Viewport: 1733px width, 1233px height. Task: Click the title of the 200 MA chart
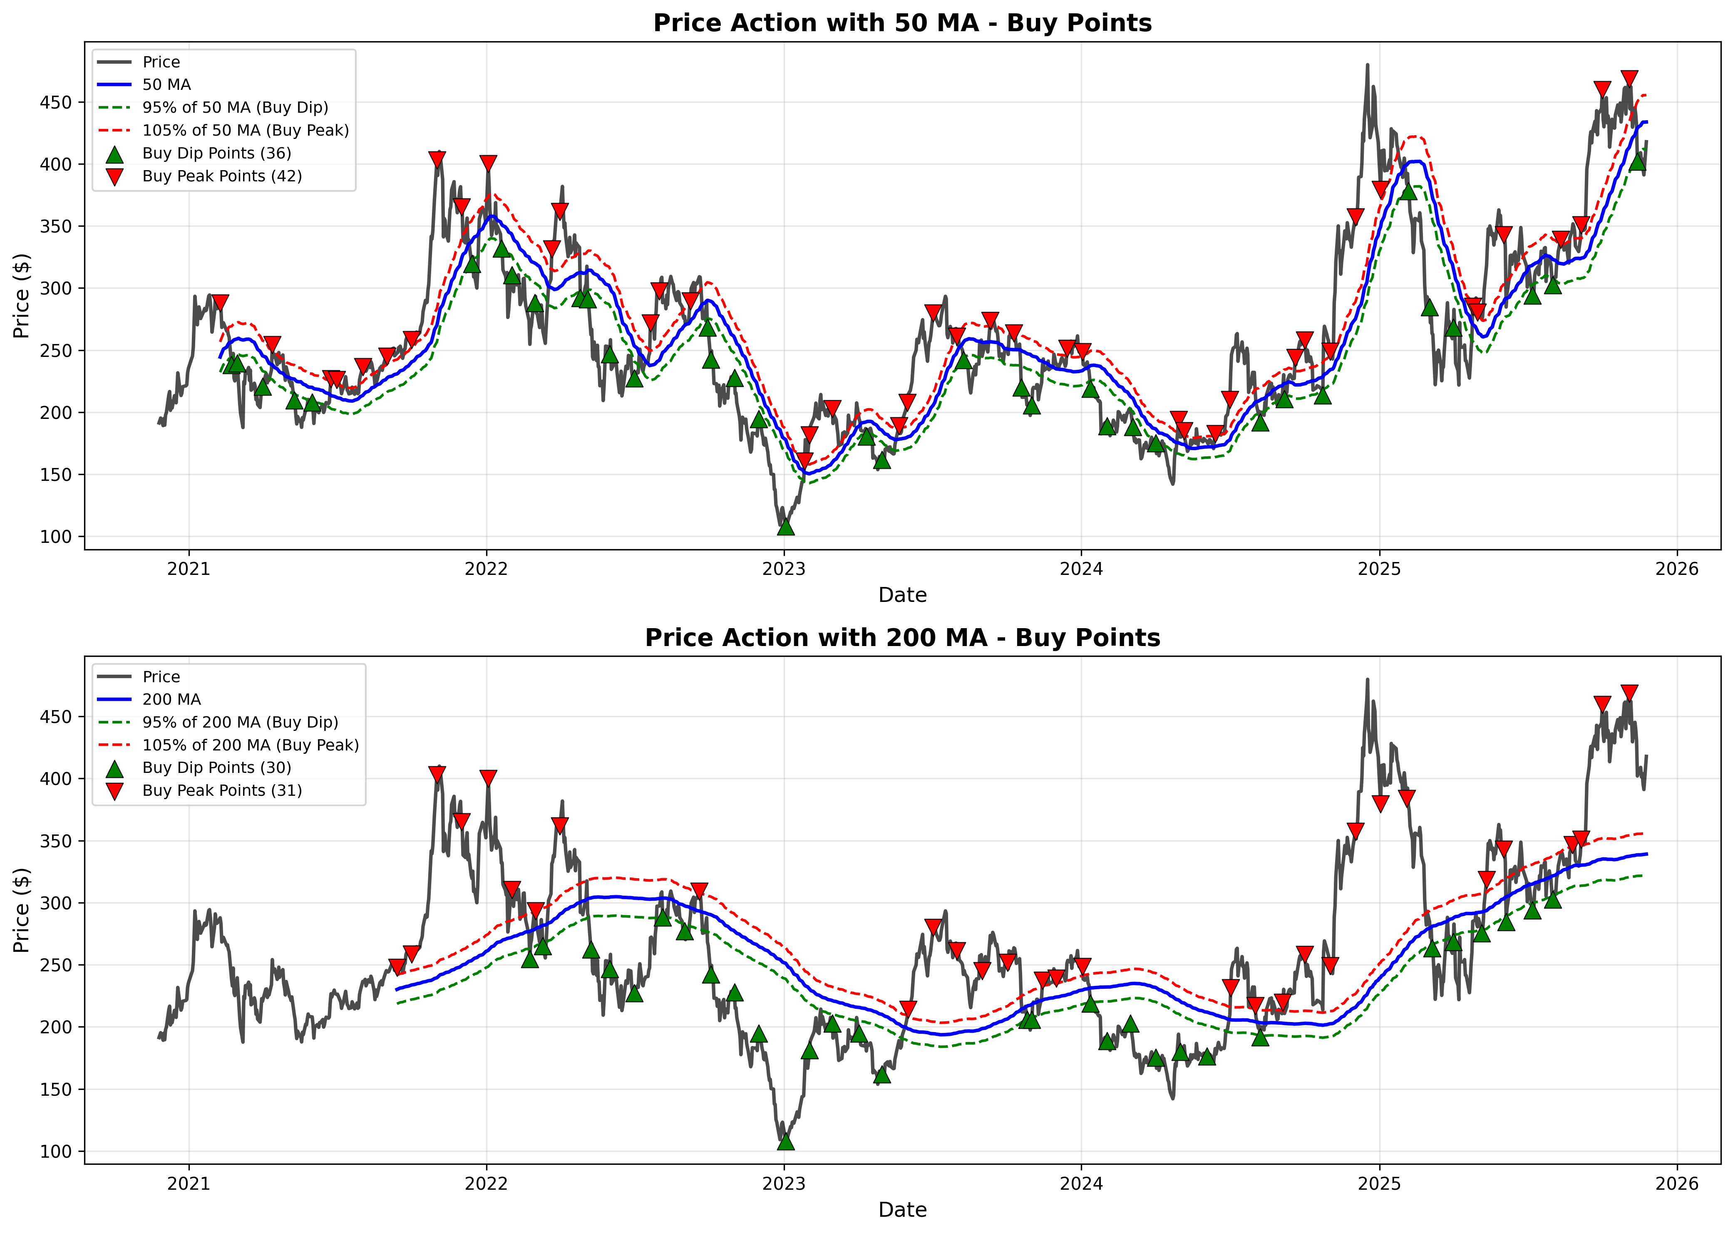tap(902, 638)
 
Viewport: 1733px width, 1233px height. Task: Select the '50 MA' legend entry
tap(166, 85)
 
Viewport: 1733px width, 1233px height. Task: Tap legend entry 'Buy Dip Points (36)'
tap(216, 154)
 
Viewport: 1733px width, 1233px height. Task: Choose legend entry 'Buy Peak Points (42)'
tap(222, 176)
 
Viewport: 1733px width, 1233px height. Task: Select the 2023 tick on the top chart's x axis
tap(784, 569)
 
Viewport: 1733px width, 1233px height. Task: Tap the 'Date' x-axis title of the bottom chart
tap(902, 1210)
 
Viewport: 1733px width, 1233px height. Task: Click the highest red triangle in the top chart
tap(1629, 78)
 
